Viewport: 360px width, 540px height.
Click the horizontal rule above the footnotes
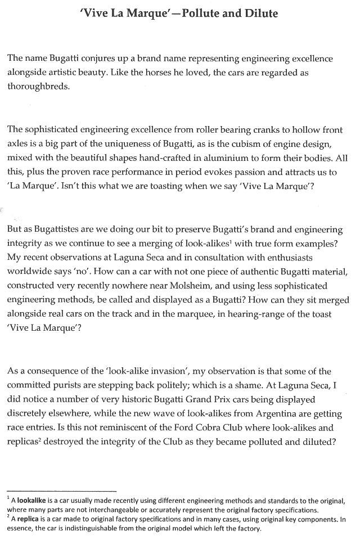point(61,491)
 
